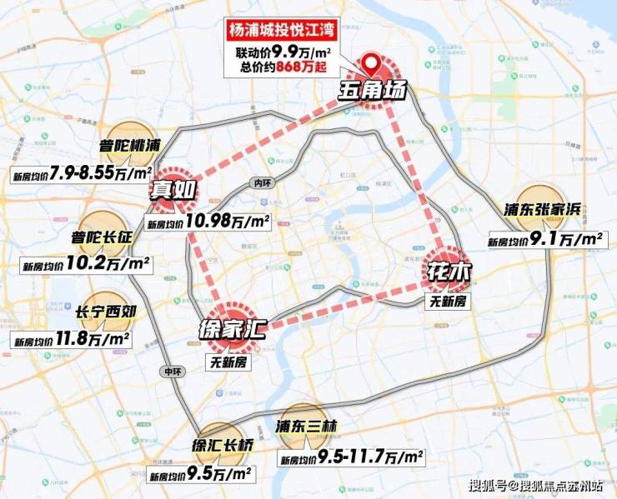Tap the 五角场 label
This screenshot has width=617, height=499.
click(x=372, y=89)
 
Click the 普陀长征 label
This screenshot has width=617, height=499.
click(x=102, y=238)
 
